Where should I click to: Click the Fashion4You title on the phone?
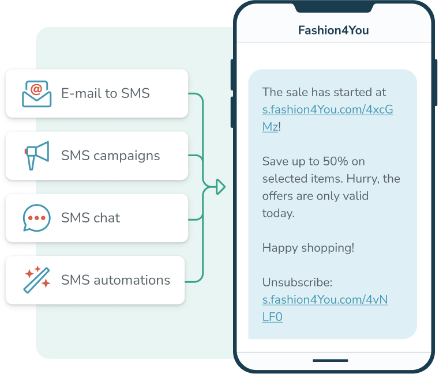(x=333, y=30)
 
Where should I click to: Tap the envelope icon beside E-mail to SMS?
(x=36, y=93)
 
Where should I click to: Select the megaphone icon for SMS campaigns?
(x=36, y=156)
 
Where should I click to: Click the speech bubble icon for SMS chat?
(x=36, y=218)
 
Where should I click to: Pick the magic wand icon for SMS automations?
(x=36, y=280)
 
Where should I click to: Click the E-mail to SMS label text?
(x=106, y=93)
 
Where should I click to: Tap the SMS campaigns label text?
(x=111, y=156)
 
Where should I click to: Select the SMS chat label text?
(x=91, y=218)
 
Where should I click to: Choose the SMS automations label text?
(x=115, y=280)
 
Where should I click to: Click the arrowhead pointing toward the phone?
(x=220, y=187)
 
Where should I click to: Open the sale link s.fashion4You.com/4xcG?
(x=328, y=109)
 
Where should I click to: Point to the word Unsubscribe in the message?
(x=296, y=282)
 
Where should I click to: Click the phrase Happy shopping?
(x=308, y=248)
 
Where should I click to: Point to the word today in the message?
(x=278, y=213)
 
